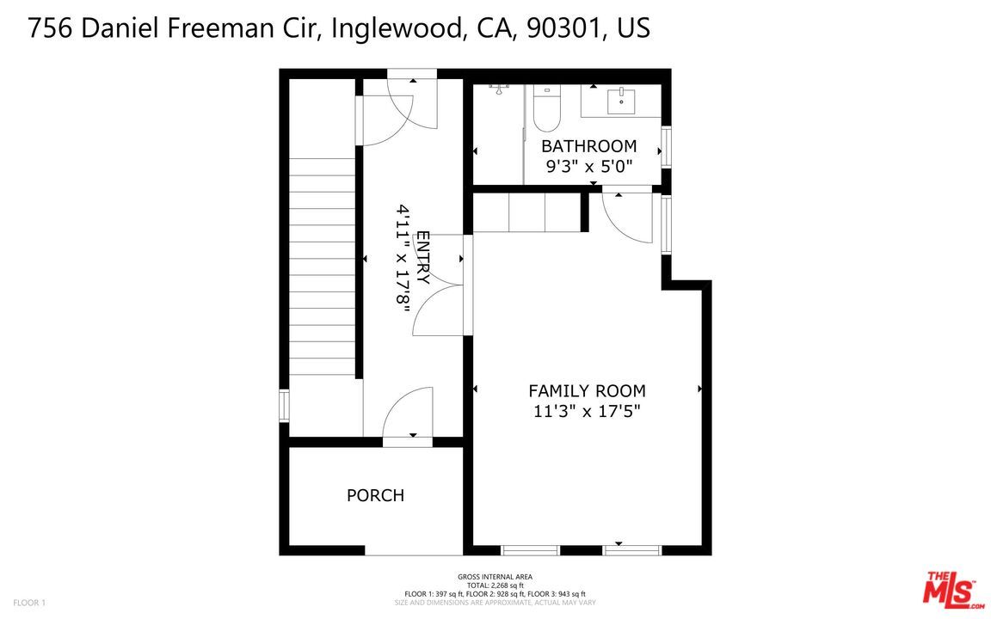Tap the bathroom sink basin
point(620,101)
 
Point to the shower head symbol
point(499,89)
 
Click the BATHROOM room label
point(588,146)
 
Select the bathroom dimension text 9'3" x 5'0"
point(589,167)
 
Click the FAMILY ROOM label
point(587,391)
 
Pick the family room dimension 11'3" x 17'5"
point(587,412)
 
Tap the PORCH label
point(375,496)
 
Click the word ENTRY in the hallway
point(422,258)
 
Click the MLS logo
point(951,590)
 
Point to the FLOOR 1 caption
point(29,603)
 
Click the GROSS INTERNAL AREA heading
point(495,577)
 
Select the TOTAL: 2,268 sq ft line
point(495,585)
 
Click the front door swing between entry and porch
point(407,414)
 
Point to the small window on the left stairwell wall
point(284,406)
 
